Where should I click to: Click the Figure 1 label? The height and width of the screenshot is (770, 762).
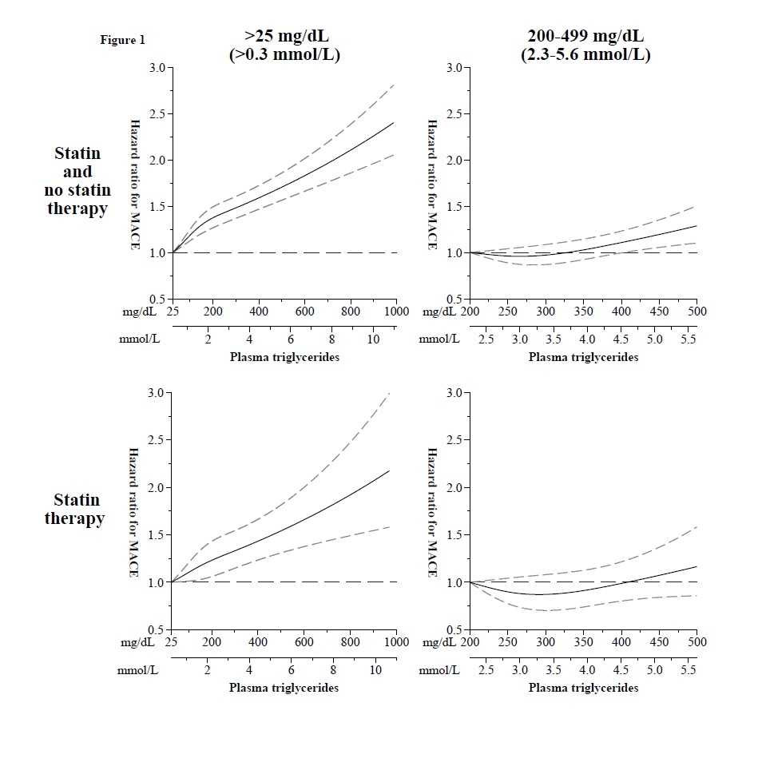click(122, 40)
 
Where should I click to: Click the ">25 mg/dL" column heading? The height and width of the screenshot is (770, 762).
click(285, 37)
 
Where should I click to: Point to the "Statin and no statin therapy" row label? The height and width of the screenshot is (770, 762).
click(78, 181)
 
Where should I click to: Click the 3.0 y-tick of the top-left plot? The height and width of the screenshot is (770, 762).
click(157, 68)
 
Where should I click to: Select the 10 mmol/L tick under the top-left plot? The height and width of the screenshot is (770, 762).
click(372, 339)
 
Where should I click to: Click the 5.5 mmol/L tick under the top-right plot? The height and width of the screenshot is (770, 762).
click(688, 339)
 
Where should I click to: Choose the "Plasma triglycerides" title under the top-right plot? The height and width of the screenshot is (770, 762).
click(583, 357)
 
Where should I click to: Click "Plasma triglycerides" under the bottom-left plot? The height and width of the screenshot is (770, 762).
click(284, 688)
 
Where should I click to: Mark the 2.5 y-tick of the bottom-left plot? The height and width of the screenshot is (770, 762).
click(157, 440)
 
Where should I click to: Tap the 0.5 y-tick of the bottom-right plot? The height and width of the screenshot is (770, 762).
click(454, 630)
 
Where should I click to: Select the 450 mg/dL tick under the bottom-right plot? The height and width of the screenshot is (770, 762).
click(659, 641)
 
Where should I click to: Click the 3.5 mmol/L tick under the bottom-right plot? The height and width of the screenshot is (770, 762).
click(554, 669)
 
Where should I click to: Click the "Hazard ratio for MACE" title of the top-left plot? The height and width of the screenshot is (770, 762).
click(135, 185)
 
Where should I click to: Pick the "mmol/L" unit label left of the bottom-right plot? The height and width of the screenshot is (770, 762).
click(439, 670)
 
